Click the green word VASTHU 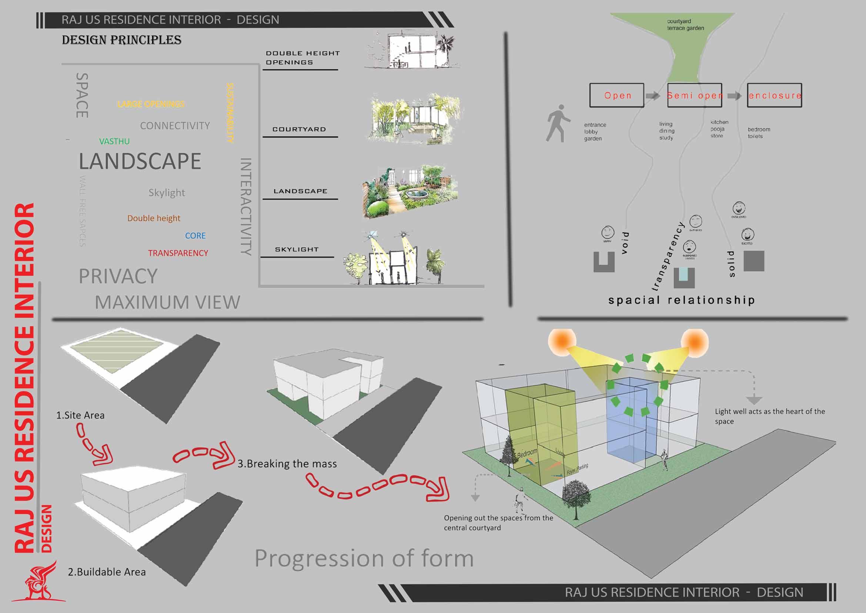(114, 141)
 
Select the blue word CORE (195, 236)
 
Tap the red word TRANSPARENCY (178, 253)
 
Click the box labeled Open (617, 96)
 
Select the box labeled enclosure (774, 96)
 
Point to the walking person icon (558, 123)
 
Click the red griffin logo (40, 581)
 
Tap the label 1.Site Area (80, 415)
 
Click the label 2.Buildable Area (107, 572)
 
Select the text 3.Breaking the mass (287, 464)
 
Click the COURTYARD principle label (299, 129)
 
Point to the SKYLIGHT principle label (297, 249)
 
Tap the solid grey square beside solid (753, 261)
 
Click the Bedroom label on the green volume (527, 453)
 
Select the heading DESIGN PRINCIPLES (121, 40)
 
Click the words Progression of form (364, 558)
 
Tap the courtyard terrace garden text (685, 24)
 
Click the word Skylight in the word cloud (167, 192)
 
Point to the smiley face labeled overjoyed (739, 208)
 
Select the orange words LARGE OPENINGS (151, 104)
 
